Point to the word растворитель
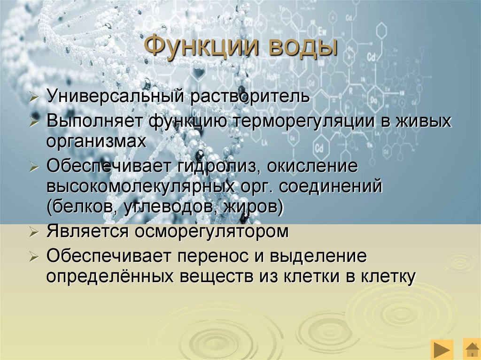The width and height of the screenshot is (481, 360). point(249,97)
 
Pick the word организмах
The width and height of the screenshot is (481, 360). point(96,141)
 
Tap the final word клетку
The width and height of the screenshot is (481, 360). point(387,276)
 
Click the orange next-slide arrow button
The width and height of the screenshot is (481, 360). point(442,350)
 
